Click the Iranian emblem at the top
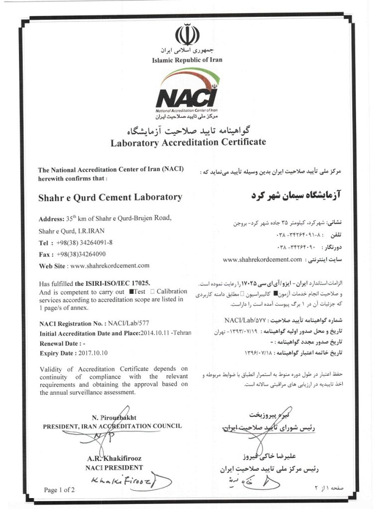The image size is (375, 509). (187, 35)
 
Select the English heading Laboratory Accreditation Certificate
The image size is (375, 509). (188, 142)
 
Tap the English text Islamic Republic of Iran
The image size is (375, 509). (187, 60)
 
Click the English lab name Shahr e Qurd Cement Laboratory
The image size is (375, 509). (110, 197)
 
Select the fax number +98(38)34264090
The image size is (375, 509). (86, 254)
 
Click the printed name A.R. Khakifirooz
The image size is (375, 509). (114, 458)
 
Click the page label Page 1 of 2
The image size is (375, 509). (59, 490)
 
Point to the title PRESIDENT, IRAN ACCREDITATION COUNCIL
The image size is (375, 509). (112, 426)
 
